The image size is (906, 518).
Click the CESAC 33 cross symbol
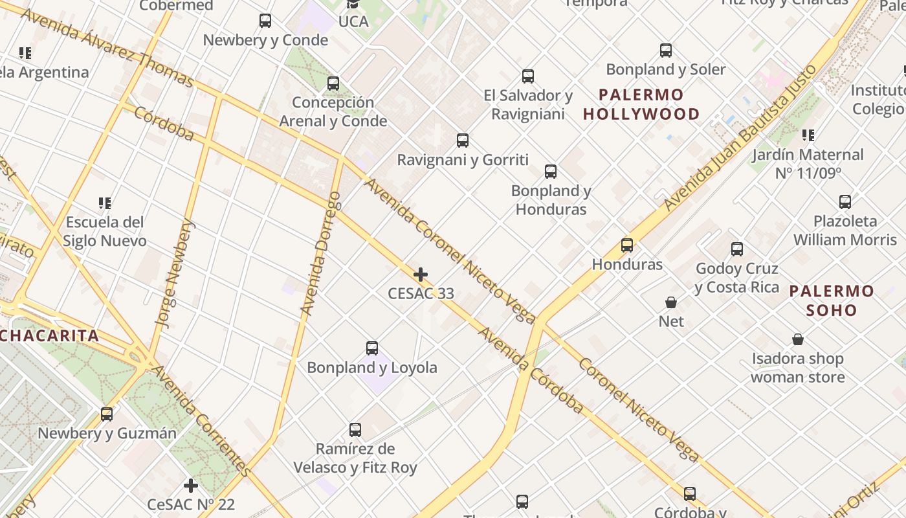coord(421,275)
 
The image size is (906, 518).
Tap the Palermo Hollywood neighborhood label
coord(641,104)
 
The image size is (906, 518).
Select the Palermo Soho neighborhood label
coord(832,300)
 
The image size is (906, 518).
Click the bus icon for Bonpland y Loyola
coord(372,348)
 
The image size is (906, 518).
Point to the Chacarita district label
coord(50,335)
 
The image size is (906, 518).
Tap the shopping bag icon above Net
coord(671,302)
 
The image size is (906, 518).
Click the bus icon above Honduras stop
coord(626,245)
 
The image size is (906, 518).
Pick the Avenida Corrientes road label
coord(201,421)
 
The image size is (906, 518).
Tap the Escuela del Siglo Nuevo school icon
coord(105,203)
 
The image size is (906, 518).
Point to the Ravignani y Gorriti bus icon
coord(463,141)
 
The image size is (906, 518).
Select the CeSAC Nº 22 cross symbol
coord(190,485)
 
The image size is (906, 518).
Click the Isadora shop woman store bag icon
coord(798,339)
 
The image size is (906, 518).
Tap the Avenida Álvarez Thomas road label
coord(107,47)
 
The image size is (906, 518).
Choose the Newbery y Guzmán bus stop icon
coord(107,414)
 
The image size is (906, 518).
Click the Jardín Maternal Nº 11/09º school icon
coord(808,135)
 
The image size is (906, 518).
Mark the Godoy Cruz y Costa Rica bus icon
coord(736,249)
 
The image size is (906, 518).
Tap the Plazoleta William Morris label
coord(845,230)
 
